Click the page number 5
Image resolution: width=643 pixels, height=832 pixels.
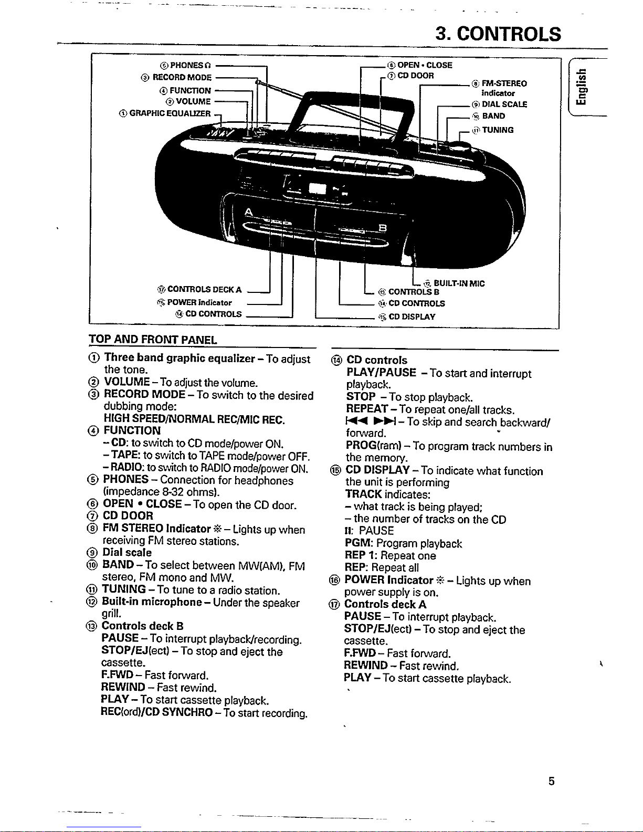click(551, 782)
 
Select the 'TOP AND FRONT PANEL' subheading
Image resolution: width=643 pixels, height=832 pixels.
click(153, 340)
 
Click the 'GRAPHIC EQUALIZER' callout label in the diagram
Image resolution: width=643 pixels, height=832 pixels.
click(170, 113)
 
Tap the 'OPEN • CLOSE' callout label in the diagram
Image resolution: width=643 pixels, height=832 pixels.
click(424, 66)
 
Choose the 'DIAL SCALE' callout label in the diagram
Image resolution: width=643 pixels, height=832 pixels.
click(504, 104)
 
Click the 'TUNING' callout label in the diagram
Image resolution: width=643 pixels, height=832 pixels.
click(498, 130)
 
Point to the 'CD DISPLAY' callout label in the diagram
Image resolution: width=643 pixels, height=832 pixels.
click(412, 317)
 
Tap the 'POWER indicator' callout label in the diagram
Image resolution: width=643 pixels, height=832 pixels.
click(199, 303)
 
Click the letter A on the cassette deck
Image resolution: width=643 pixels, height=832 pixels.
click(249, 212)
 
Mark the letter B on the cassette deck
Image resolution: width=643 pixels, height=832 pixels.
click(383, 227)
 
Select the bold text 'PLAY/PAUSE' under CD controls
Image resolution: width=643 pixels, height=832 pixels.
click(381, 373)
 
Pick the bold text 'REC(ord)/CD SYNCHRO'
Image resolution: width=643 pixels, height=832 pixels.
click(157, 712)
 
